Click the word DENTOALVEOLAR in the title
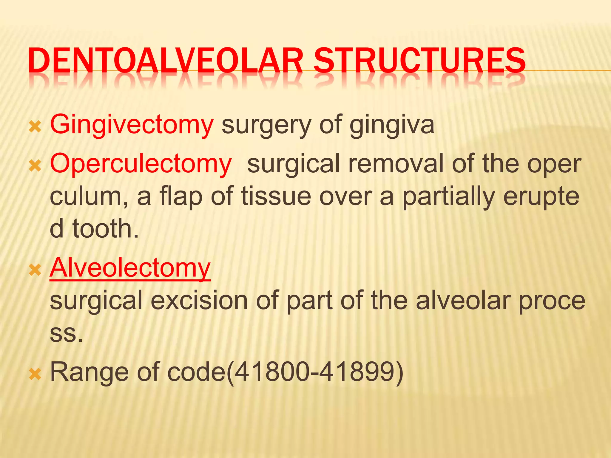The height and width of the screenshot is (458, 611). [x=166, y=61]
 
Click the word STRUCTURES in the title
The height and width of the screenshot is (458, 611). [x=419, y=61]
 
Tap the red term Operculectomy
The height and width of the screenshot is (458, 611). [x=141, y=164]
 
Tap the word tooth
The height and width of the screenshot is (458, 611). [x=106, y=229]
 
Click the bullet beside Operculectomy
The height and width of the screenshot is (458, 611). [x=35, y=166]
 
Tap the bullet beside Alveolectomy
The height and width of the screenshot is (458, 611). [x=35, y=270]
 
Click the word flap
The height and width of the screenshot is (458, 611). [x=181, y=197]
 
